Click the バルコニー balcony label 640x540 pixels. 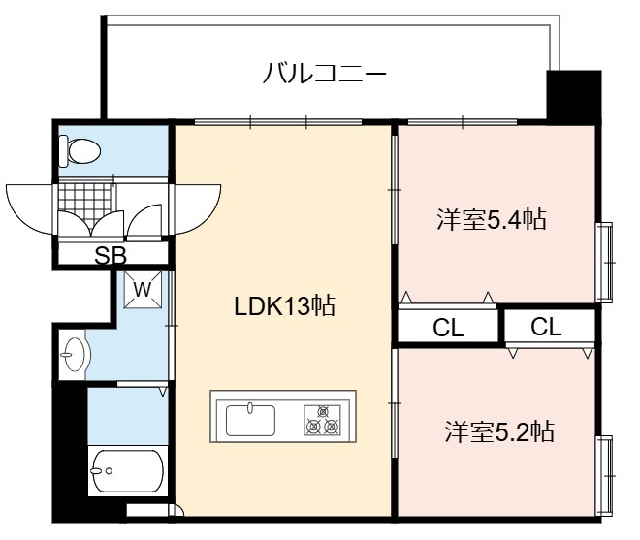325,74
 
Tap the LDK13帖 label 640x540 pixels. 284,305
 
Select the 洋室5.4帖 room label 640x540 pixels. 492,219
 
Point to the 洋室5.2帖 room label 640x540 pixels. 499,431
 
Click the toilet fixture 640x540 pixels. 80,151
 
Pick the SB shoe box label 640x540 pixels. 111,256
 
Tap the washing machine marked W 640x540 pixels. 143,290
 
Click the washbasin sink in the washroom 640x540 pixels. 74,354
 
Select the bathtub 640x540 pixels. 128,471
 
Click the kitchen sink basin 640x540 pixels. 250,419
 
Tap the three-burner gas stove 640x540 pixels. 322,420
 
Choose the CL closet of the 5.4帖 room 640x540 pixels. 448,326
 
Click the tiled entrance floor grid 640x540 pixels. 85,203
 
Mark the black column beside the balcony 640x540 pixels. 573,97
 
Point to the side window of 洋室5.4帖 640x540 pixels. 605,263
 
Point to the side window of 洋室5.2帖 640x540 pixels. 605,476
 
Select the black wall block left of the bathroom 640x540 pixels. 70,451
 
